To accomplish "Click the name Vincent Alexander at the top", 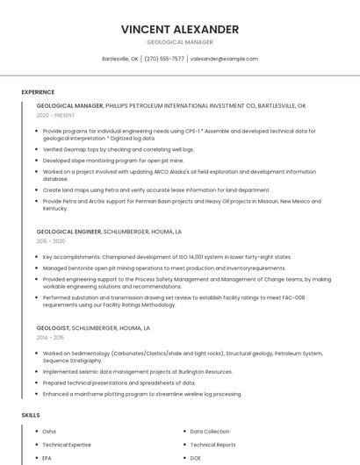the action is [x=179, y=29].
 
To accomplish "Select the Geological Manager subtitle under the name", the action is [x=179, y=42].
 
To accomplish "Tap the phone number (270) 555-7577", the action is [x=164, y=59].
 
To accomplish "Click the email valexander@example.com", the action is [x=224, y=59].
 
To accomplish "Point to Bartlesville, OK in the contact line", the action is [x=120, y=59].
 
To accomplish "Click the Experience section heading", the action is [x=38, y=91].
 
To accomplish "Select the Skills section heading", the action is [x=30, y=414].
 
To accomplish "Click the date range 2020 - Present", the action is [x=56, y=115].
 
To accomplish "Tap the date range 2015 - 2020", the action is [x=51, y=240].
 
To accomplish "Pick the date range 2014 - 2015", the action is [x=51, y=337].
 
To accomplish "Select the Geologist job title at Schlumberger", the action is [x=56, y=328].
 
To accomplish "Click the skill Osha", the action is [x=49, y=432].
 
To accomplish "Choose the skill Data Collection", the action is [x=210, y=432].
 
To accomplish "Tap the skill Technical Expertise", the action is [x=66, y=445].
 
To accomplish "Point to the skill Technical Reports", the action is [x=212, y=445].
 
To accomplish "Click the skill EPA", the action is [x=47, y=458].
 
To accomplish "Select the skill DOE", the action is [x=196, y=458].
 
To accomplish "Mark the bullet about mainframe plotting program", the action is [x=141, y=394].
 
